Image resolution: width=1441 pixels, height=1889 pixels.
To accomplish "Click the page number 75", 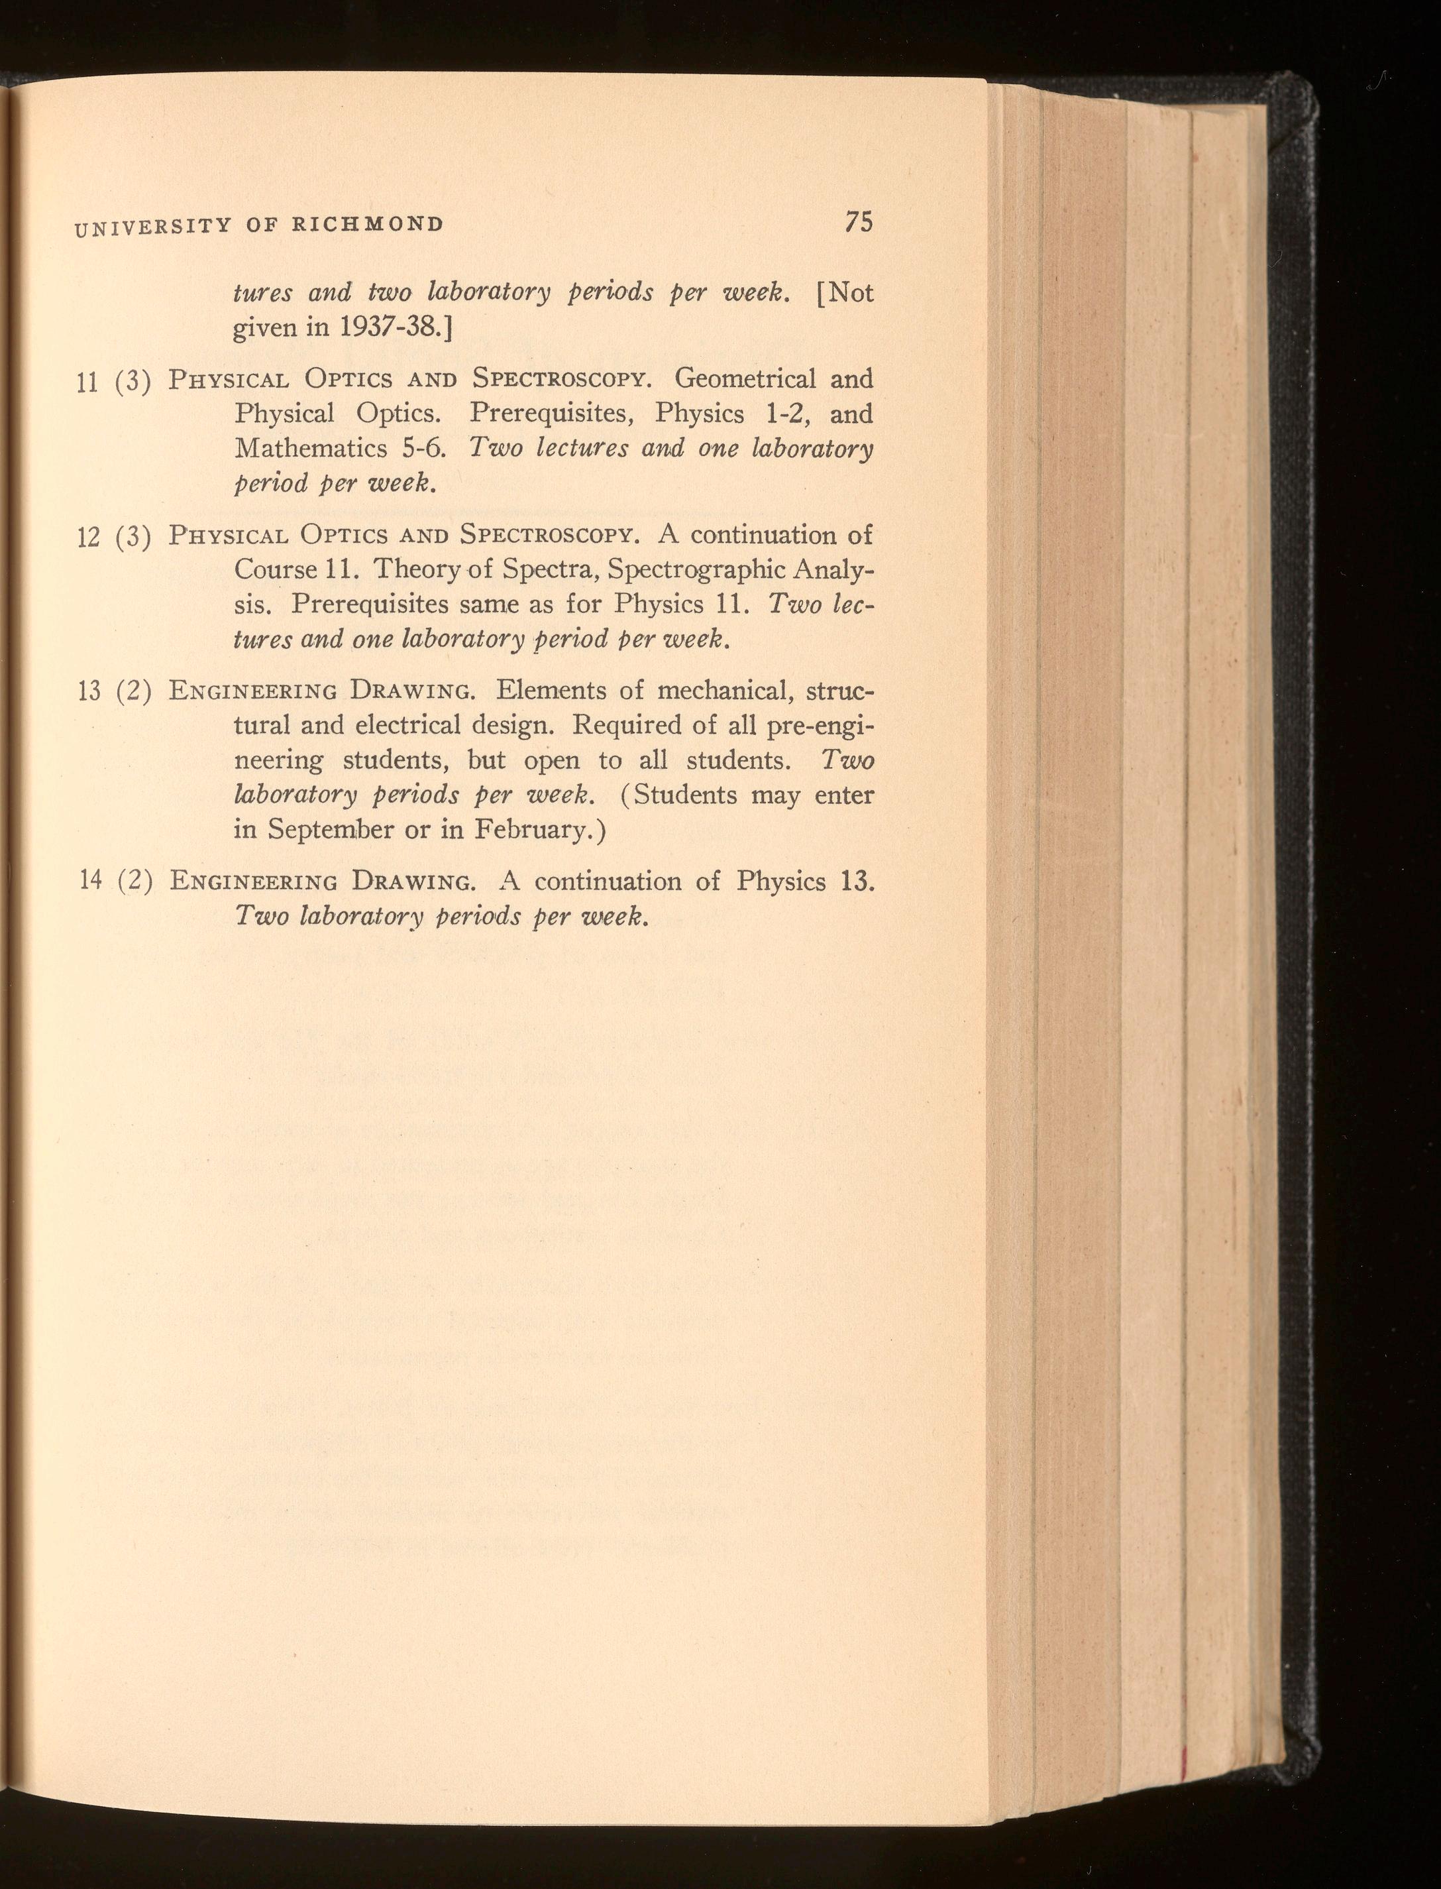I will click(x=858, y=221).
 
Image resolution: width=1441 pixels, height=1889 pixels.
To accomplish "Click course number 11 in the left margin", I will click(x=87, y=382).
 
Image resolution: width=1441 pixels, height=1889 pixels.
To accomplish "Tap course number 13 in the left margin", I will click(x=88, y=692).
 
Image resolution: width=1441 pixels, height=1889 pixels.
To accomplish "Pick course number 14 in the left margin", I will click(x=90, y=881).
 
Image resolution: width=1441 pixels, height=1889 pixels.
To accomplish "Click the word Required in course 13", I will click(x=626, y=725).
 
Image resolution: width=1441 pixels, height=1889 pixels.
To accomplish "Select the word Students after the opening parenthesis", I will click(x=684, y=795).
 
